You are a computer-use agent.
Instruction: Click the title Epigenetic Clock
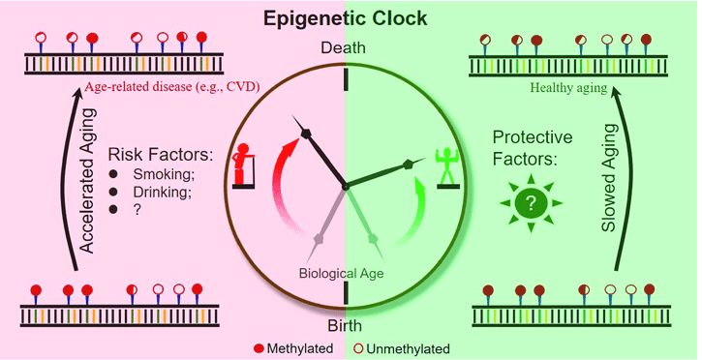(345, 18)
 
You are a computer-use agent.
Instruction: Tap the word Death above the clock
(344, 47)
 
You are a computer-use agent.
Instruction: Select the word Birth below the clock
(345, 325)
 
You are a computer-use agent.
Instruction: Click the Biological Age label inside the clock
(341, 273)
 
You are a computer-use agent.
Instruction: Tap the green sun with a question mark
(531, 203)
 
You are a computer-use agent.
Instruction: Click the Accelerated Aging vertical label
(89, 181)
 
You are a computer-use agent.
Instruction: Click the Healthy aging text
(568, 88)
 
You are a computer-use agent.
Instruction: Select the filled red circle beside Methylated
(259, 348)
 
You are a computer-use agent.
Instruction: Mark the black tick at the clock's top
(345, 80)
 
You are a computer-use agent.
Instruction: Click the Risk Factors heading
(161, 155)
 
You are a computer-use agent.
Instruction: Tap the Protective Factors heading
(533, 147)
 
